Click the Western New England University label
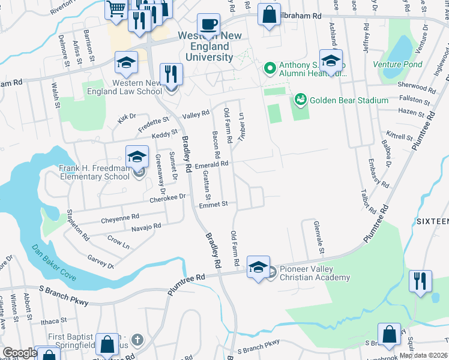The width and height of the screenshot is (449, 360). (x=210, y=47)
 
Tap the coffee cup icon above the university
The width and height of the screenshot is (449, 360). (x=208, y=25)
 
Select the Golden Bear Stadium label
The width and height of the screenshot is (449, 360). (x=349, y=100)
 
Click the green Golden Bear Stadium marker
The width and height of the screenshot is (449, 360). (x=300, y=100)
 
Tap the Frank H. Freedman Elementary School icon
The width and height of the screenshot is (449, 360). (x=137, y=158)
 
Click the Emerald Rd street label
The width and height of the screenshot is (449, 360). (x=212, y=164)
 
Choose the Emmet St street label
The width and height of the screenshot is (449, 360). (x=214, y=204)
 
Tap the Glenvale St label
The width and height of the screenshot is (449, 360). (x=321, y=235)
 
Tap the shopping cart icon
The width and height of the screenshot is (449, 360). (x=115, y=8)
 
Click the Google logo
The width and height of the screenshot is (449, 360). (x=19, y=353)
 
